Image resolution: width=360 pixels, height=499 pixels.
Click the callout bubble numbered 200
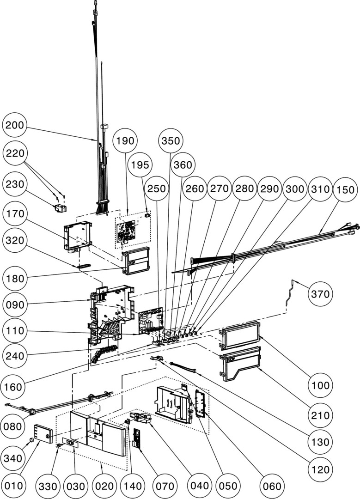[15, 126]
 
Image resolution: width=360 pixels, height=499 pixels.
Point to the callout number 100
[319, 385]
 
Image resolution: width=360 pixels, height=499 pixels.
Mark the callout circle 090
[15, 305]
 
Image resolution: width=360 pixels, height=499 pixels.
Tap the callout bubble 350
[171, 141]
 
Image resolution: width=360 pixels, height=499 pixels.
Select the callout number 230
[15, 184]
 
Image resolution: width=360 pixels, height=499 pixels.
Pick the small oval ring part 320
[84, 266]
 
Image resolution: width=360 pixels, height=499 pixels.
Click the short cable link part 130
[183, 368]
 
